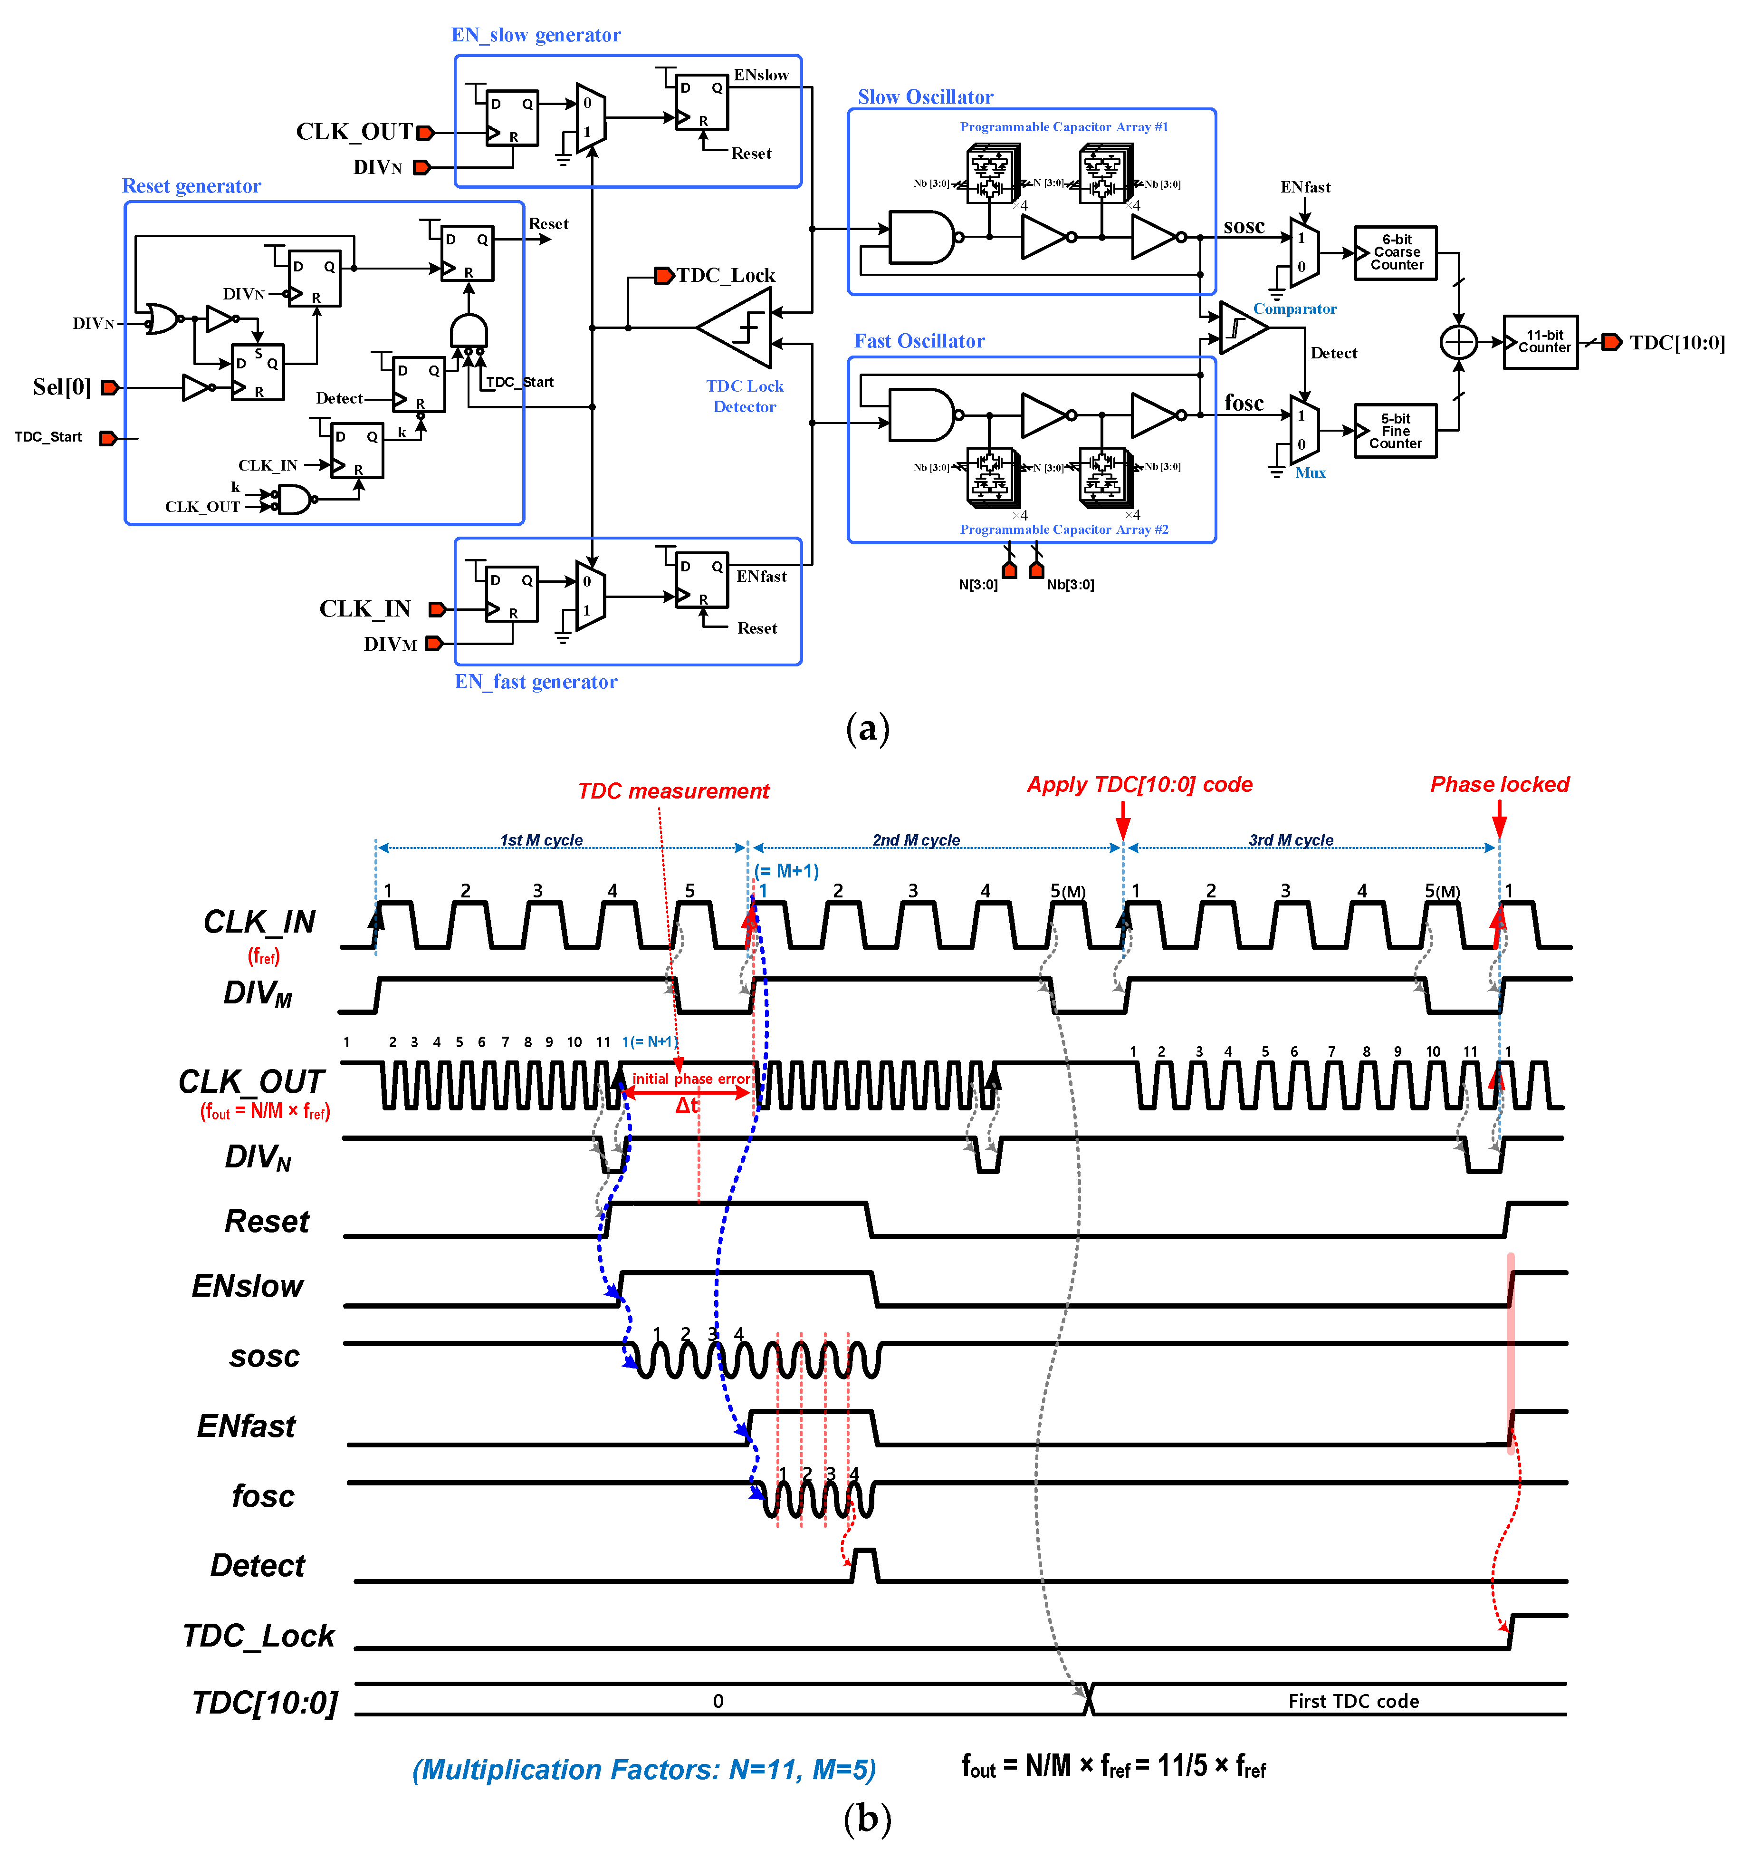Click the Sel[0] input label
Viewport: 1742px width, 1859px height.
[x=62, y=387]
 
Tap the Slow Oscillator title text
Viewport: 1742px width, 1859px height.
[x=925, y=97]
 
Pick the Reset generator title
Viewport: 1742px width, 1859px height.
[x=191, y=186]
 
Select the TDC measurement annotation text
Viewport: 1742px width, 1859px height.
[x=673, y=791]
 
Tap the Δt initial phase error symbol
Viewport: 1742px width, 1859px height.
[x=687, y=1105]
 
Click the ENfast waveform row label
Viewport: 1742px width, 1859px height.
[x=246, y=1426]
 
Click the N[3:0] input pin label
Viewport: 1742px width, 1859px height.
[x=978, y=585]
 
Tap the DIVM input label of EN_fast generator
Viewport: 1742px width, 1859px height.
[x=390, y=644]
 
